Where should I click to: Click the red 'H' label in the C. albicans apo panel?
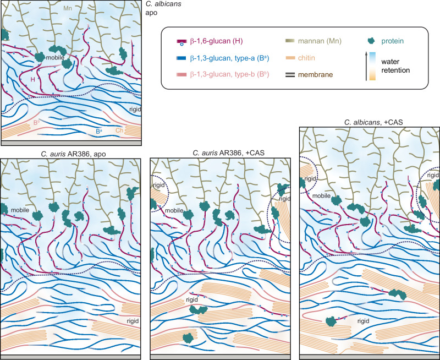(33, 80)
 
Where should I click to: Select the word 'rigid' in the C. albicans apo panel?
(134, 108)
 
